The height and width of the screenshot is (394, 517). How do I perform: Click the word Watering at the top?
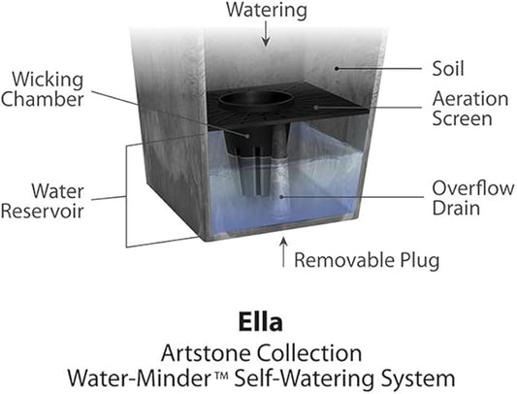[267, 11]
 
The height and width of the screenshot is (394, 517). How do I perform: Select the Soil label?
[448, 69]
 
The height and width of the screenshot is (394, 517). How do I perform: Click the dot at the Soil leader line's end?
[337, 69]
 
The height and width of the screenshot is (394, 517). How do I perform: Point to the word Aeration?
[470, 99]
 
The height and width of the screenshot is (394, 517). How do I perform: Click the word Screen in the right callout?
[462, 118]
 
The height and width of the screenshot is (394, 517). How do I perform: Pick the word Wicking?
[48, 81]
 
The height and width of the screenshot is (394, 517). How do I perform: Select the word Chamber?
[43, 99]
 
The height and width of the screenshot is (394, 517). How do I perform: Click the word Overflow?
[473, 188]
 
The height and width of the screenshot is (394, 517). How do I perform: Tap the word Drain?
[456, 209]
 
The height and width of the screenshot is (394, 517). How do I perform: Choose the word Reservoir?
[43, 212]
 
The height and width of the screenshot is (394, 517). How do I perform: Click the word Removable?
[344, 260]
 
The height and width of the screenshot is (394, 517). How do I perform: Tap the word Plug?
[420, 261]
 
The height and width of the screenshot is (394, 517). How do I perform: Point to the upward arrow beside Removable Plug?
[283, 252]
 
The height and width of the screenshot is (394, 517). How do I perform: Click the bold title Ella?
[261, 322]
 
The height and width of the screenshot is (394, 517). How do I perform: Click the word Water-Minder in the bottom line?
[142, 378]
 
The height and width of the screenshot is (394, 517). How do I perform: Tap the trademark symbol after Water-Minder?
[222, 375]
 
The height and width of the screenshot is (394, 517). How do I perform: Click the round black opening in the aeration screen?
[256, 98]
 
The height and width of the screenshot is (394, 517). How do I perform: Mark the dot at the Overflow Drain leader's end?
[281, 197]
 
